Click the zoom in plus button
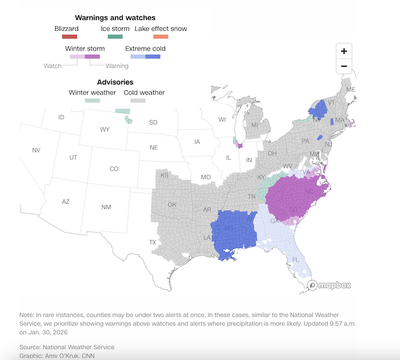(344, 51)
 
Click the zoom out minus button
(344, 66)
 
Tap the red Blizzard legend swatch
(66, 37)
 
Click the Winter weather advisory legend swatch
(92, 101)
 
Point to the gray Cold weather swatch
(139, 101)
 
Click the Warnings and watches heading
(115, 17)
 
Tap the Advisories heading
(115, 82)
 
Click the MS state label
(228, 229)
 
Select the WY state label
(105, 129)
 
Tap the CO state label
(114, 169)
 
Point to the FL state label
(295, 260)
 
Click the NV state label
(36, 150)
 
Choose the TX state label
(153, 242)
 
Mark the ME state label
(351, 90)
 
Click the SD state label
(153, 123)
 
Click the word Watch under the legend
(53, 66)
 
